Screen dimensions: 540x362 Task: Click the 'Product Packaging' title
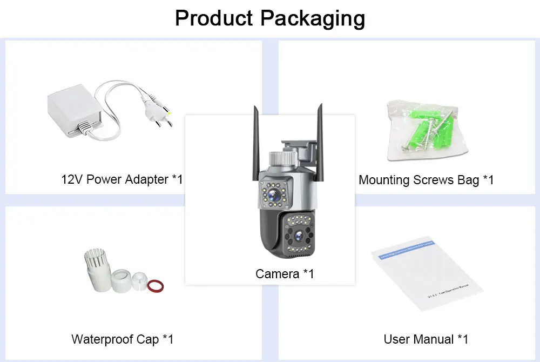pyautogui.click(x=270, y=18)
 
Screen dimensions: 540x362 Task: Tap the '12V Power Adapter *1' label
pyautogui.click(x=122, y=179)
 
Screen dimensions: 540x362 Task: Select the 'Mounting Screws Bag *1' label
pyautogui.click(x=426, y=179)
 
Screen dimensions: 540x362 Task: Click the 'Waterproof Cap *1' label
pyautogui.click(x=123, y=339)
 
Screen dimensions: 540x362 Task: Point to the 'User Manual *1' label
pyautogui.click(x=426, y=339)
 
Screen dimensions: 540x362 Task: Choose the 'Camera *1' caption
pyautogui.click(x=285, y=274)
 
